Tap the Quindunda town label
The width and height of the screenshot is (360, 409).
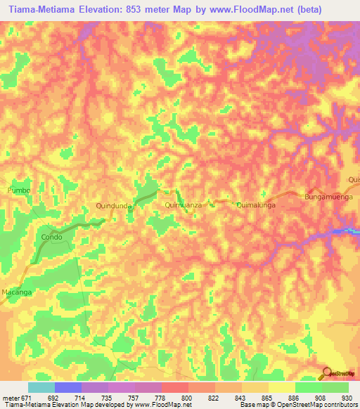pos(115,205)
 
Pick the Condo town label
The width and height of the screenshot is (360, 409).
pos(51,237)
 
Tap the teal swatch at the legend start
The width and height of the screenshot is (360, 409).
pos(41,387)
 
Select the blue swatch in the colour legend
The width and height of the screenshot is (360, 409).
pos(67,387)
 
